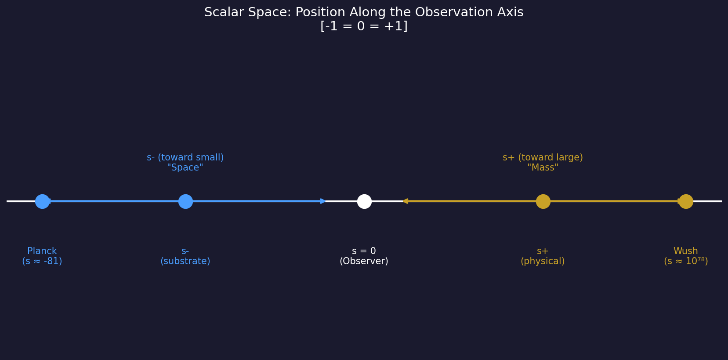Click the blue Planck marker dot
(x=42, y=201)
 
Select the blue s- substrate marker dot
(x=185, y=201)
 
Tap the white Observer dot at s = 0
(x=364, y=201)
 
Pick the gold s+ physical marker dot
(x=543, y=201)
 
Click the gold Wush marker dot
(x=686, y=201)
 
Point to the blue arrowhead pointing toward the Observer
(x=323, y=201)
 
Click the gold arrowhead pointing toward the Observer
(x=405, y=201)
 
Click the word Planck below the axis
(x=42, y=251)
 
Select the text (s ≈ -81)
(x=42, y=262)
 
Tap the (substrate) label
(x=185, y=262)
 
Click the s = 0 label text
(x=364, y=251)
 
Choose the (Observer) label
(x=364, y=262)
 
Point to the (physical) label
(x=543, y=262)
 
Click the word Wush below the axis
(x=685, y=251)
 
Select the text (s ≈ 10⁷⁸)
(x=686, y=262)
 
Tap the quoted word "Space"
(x=185, y=168)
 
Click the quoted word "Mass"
(x=543, y=168)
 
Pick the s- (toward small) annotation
(x=185, y=157)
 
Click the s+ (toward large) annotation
(x=543, y=157)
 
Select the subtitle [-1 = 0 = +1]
(x=364, y=26)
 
